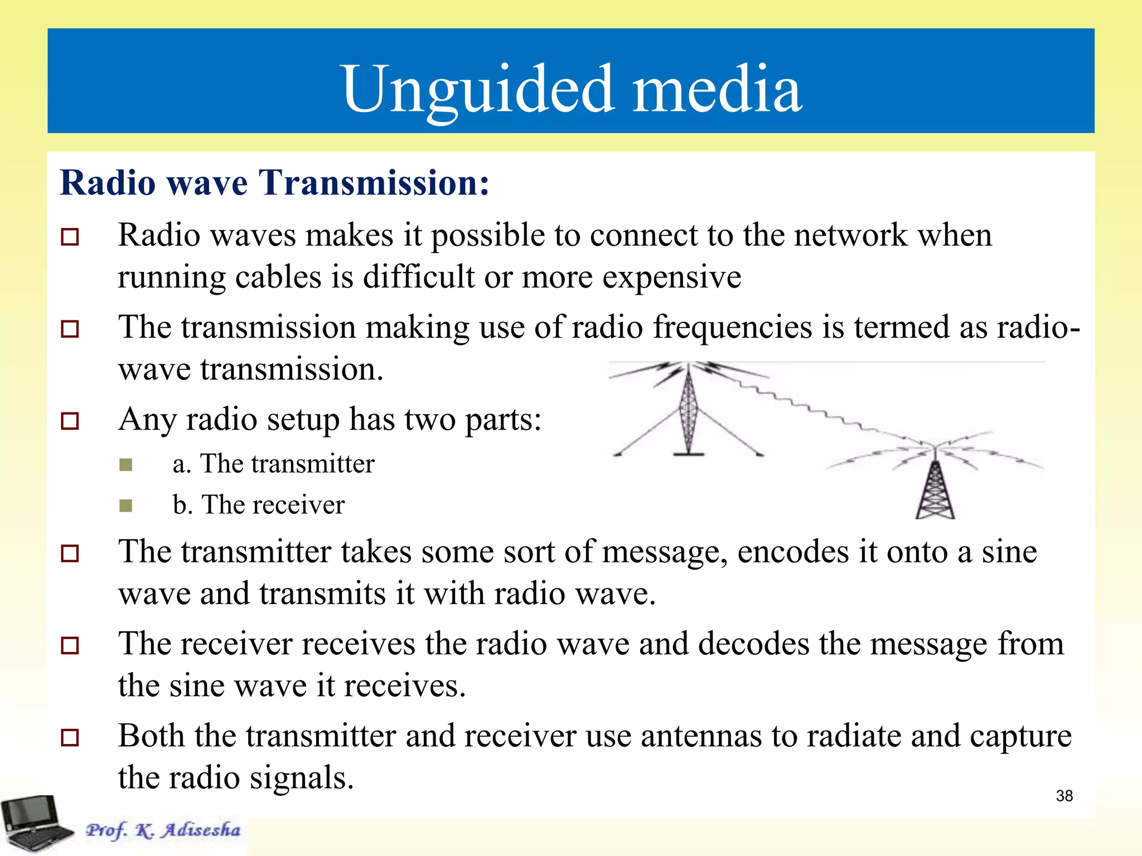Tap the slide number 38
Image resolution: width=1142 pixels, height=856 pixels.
pos(1064,796)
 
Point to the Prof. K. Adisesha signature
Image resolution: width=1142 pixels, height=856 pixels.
pos(163,830)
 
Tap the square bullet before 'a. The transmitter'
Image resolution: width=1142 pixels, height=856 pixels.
pos(126,465)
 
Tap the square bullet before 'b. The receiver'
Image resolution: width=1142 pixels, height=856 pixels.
pos(126,505)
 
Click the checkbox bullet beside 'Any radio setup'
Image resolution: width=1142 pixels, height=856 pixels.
pos(70,421)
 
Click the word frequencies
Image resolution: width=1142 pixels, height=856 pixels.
pos(732,327)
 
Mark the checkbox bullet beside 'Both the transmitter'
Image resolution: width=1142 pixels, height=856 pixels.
pos(70,737)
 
